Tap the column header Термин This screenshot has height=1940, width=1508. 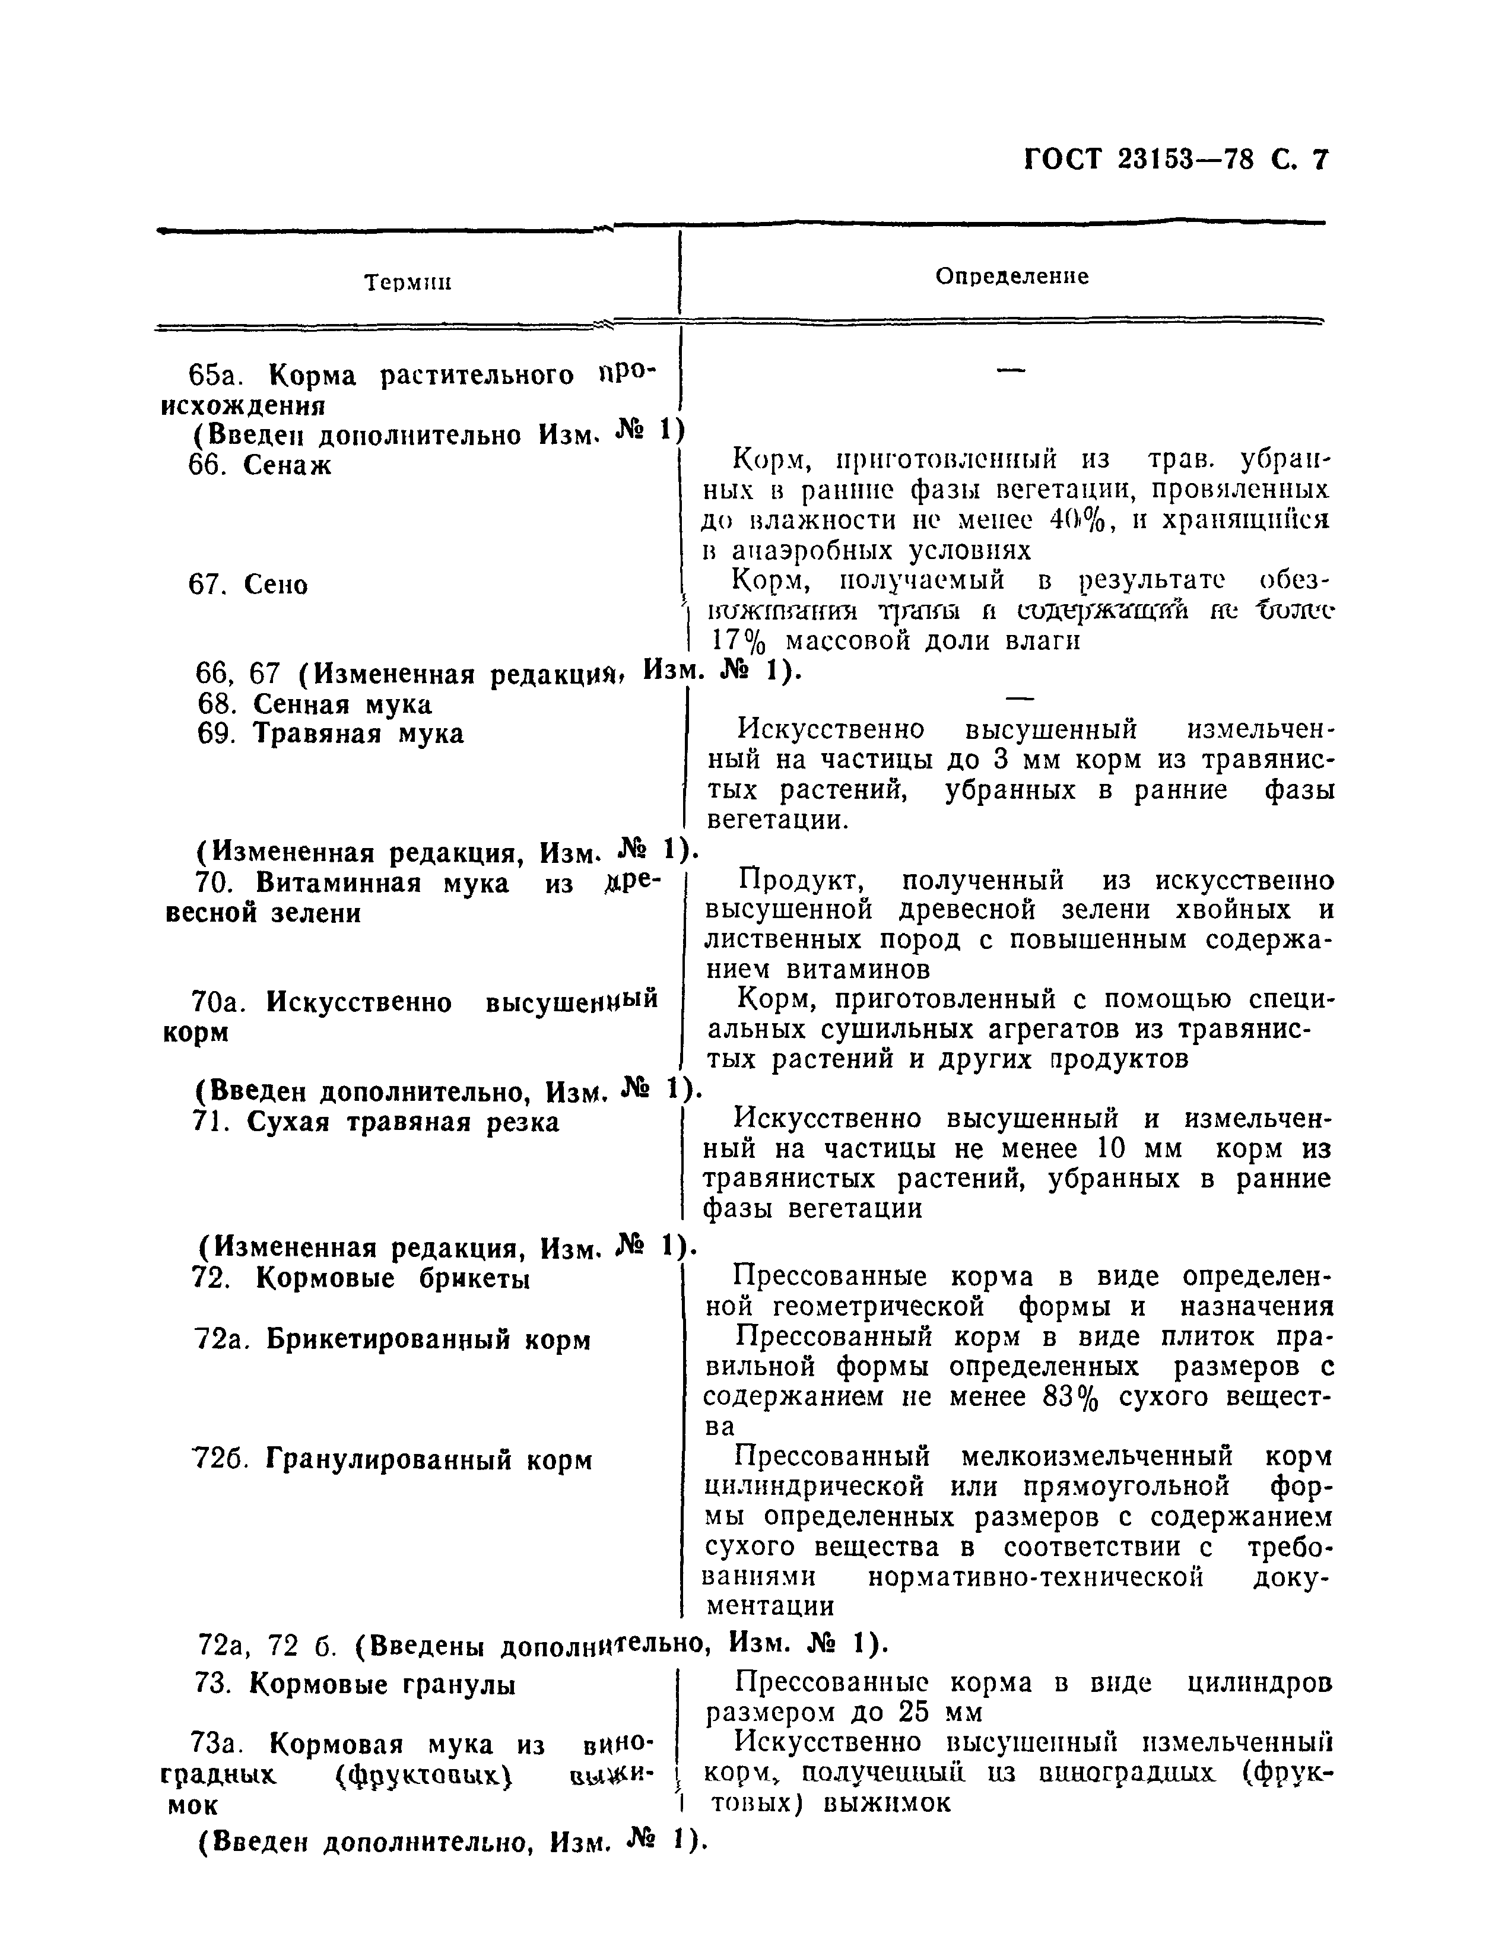click(408, 283)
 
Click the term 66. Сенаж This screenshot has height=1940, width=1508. click(259, 465)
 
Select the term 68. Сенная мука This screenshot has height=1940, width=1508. click(315, 704)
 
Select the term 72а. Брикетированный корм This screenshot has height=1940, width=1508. click(392, 1339)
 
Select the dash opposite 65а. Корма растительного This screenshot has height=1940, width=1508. click(1011, 372)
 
